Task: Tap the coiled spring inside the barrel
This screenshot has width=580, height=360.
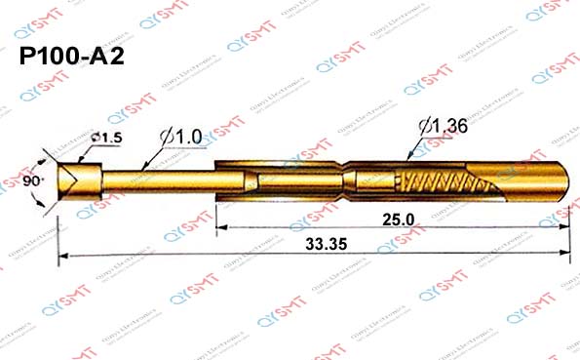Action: point(445,182)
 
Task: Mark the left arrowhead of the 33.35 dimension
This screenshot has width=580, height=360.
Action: point(64,256)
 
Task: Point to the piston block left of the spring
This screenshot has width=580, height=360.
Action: point(374,181)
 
